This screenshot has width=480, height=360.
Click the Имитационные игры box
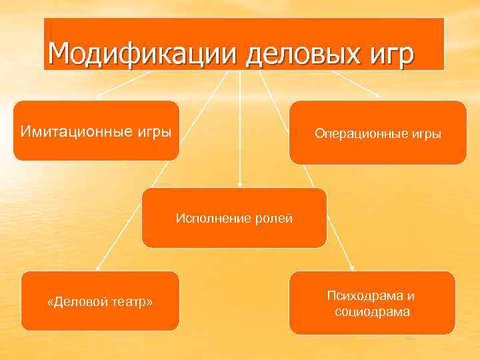(96, 131)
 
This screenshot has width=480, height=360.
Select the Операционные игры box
(377, 133)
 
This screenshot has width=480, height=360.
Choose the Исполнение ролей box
(234, 218)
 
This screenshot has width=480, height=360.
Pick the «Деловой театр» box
(100, 301)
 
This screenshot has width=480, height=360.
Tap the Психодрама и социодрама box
(372, 303)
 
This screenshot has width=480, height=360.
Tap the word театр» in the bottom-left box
(131, 303)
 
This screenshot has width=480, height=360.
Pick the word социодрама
(372, 311)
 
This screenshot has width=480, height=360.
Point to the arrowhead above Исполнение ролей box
(239, 184)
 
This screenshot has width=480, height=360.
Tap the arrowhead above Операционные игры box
(378, 97)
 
